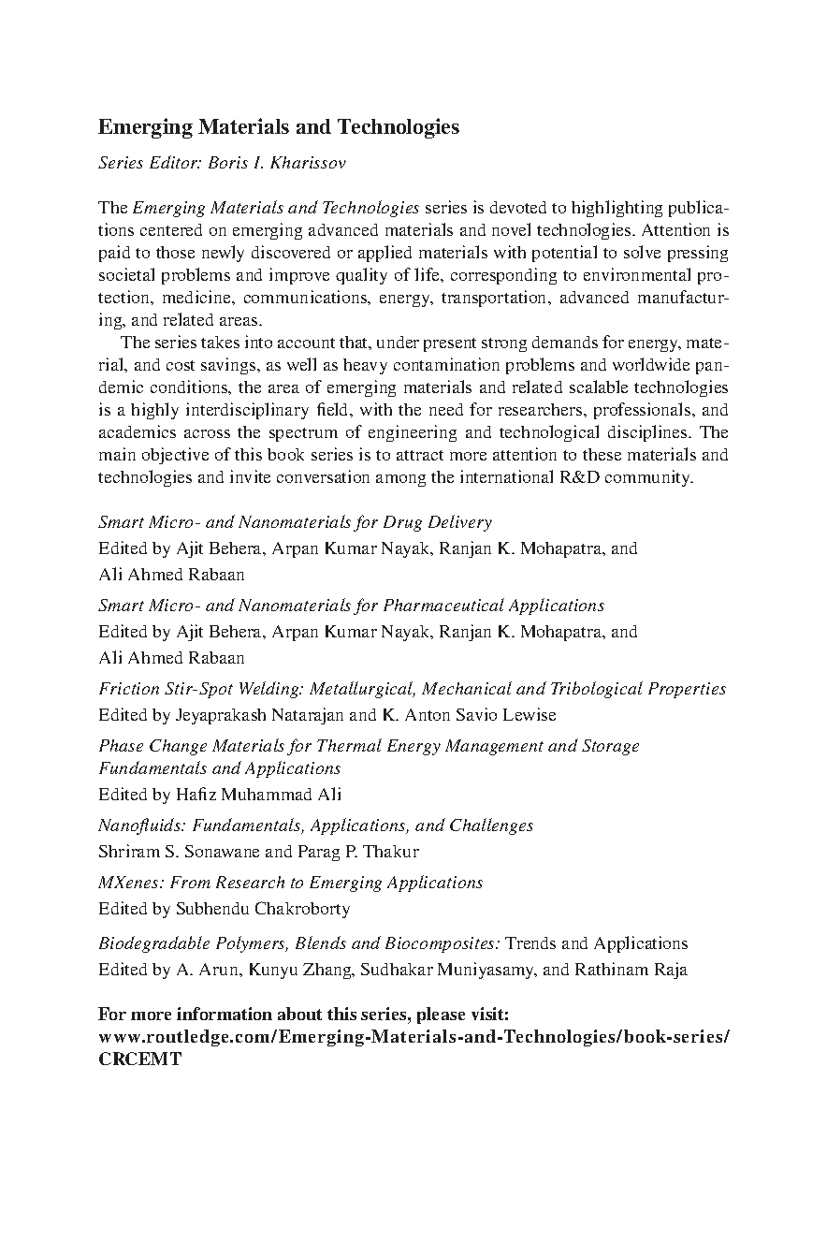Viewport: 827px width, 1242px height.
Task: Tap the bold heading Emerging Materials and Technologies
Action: point(279,126)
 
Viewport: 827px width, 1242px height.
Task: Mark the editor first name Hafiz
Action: point(196,795)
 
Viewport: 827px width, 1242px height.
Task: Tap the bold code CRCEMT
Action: point(139,1060)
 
